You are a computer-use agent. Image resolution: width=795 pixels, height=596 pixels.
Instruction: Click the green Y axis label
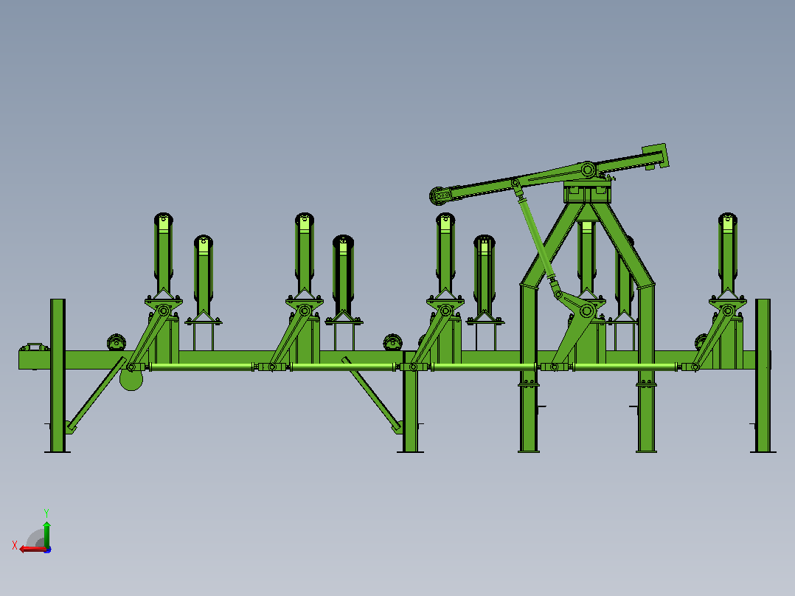tap(46, 513)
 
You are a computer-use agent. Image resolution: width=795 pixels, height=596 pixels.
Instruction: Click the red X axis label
tap(15, 545)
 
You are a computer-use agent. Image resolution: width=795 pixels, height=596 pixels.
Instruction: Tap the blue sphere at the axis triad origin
tap(47, 550)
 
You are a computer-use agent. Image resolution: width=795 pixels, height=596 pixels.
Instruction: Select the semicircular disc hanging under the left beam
tap(131, 381)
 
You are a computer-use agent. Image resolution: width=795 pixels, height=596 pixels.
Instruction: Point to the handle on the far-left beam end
tap(35, 347)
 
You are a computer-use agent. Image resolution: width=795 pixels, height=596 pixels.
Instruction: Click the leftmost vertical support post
tap(58, 375)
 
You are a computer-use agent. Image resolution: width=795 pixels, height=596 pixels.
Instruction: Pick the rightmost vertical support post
tap(763, 375)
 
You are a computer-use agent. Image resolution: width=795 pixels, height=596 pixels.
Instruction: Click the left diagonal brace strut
tap(96, 395)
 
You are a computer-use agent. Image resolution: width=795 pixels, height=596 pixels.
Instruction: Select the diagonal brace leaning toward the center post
tap(372, 395)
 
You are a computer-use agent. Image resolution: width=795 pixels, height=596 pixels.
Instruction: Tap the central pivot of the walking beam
tap(588, 170)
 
